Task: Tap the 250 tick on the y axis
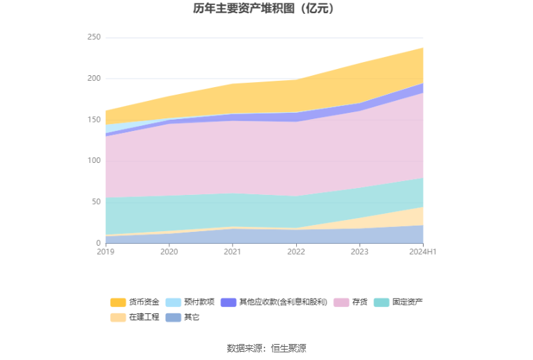click(x=94, y=38)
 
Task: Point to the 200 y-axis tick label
click(x=94, y=79)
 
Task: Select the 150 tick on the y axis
click(x=94, y=120)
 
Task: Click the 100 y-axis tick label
click(x=94, y=161)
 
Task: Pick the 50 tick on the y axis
click(x=96, y=202)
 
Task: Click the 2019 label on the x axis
click(x=105, y=251)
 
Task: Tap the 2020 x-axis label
click(x=169, y=251)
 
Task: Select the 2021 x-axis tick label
click(x=233, y=251)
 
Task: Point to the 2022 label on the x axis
click(x=296, y=251)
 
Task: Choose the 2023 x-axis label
click(x=360, y=251)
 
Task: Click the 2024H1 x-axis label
click(x=423, y=251)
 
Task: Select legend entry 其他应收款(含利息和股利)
click(x=283, y=302)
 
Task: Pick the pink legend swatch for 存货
click(x=341, y=302)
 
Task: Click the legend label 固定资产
click(x=408, y=302)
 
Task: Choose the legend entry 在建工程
click(x=144, y=318)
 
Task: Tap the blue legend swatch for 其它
click(x=173, y=318)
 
